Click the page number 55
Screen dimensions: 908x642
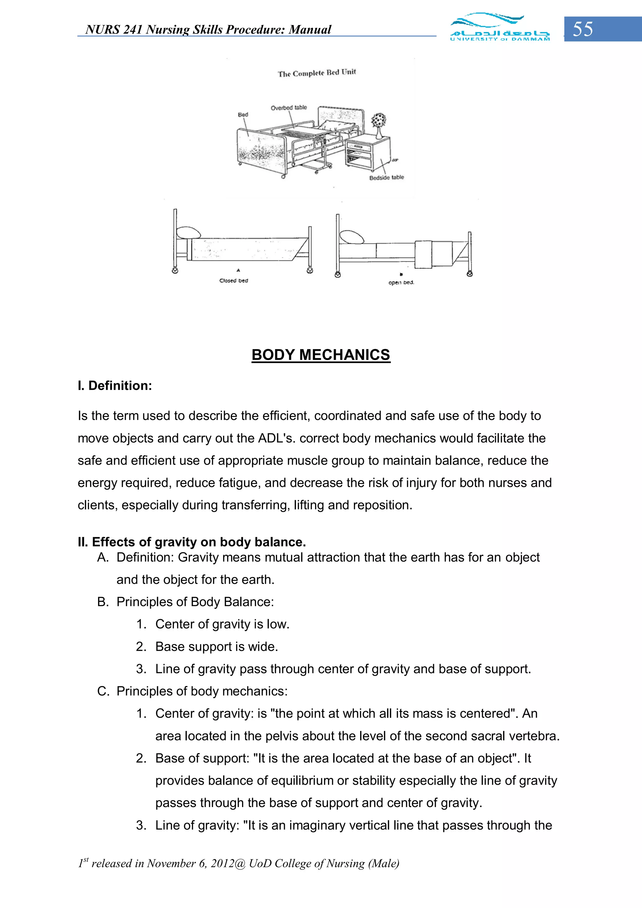click(x=583, y=29)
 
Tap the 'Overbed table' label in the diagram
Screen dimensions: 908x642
click(x=288, y=108)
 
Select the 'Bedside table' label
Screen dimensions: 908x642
click(x=387, y=178)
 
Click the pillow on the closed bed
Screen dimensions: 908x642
click(x=188, y=233)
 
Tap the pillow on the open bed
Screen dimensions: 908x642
click(x=352, y=237)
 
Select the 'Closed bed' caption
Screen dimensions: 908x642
click(x=233, y=281)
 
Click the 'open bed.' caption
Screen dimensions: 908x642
click(x=401, y=282)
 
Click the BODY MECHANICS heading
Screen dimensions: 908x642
click(x=321, y=355)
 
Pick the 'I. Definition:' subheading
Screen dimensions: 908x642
click(x=115, y=386)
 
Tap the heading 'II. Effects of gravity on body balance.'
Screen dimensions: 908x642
click(x=192, y=542)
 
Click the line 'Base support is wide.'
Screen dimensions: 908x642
click(x=216, y=647)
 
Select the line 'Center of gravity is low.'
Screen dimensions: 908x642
click(x=222, y=624)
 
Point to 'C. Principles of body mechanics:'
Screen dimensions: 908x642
click(x=192, y=691)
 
